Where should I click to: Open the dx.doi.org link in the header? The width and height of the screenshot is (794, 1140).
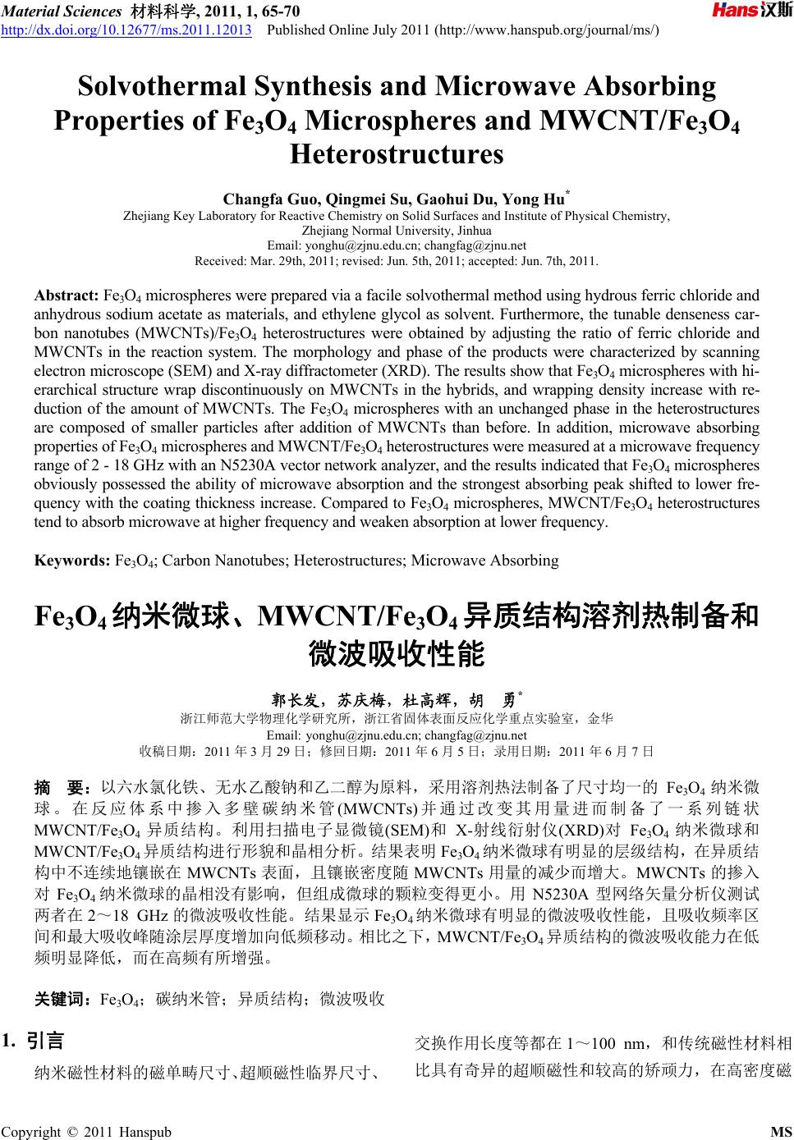[127, 30]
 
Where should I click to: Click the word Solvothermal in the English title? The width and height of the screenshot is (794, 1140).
[171, 87]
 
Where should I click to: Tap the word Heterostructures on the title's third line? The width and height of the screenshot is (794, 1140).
[397, 153]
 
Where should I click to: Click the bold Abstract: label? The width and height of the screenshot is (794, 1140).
[66, 295]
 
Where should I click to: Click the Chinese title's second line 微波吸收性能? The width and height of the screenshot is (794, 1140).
[397, 654]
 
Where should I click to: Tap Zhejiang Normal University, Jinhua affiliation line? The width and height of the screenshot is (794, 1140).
[397, 231]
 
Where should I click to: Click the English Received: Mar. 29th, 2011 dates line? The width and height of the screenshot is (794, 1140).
[397, 262]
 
